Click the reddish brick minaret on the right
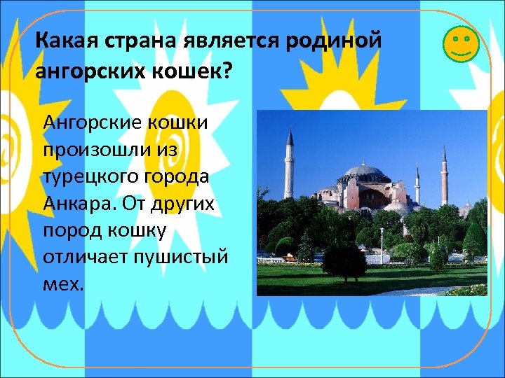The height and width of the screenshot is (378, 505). (444, 175)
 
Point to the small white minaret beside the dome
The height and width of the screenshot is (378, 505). (417, 185)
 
